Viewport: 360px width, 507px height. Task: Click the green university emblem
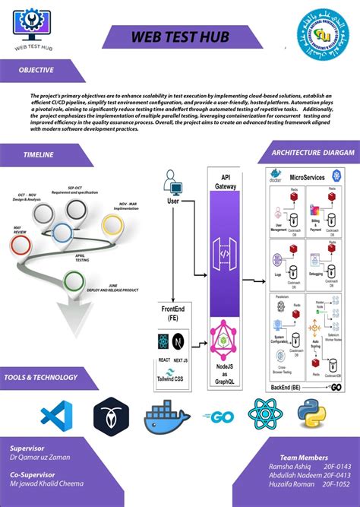[327, 30]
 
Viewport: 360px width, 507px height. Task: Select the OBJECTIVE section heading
[37, 70]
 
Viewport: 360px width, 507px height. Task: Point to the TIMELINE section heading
[39, 155]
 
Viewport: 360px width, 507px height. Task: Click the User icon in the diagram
[172, 185]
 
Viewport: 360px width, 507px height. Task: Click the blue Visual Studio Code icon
[55, 416]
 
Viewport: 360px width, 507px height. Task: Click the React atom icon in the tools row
[265, 415]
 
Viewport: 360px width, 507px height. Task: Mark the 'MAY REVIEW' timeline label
[17, 230]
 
